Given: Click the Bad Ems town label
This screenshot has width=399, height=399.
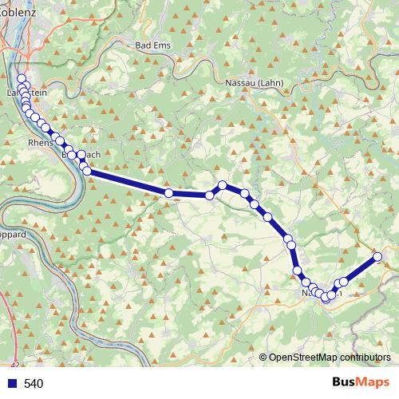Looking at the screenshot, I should click(x=155, y=45).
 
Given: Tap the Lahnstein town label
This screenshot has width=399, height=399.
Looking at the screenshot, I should click(x=26, y=93).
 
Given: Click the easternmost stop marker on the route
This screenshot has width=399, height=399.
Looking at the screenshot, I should click(x=377, y=257).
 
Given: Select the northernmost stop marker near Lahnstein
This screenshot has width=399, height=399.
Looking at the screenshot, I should click(x=21, y=78).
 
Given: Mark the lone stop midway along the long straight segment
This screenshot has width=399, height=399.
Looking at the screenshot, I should click(x=168, y=192).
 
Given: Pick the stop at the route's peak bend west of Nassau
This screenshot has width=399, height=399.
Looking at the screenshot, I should click(x=223, y=185).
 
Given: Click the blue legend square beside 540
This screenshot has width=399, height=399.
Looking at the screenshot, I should click(x=10, y=384).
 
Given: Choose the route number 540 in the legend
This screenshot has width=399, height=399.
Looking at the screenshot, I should click(x=34, y=384).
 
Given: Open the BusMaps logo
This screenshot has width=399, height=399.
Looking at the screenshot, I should click(x=360, y=383).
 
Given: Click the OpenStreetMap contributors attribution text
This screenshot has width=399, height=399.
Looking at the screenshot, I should click(x=330, y=358).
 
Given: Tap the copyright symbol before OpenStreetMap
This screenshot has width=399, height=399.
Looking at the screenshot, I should click(x=264, y=358).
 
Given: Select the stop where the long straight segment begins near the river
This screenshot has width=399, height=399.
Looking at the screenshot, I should click(x=87, y=171).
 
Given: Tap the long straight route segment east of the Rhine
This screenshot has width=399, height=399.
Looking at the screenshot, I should click(x=128, y=182).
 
